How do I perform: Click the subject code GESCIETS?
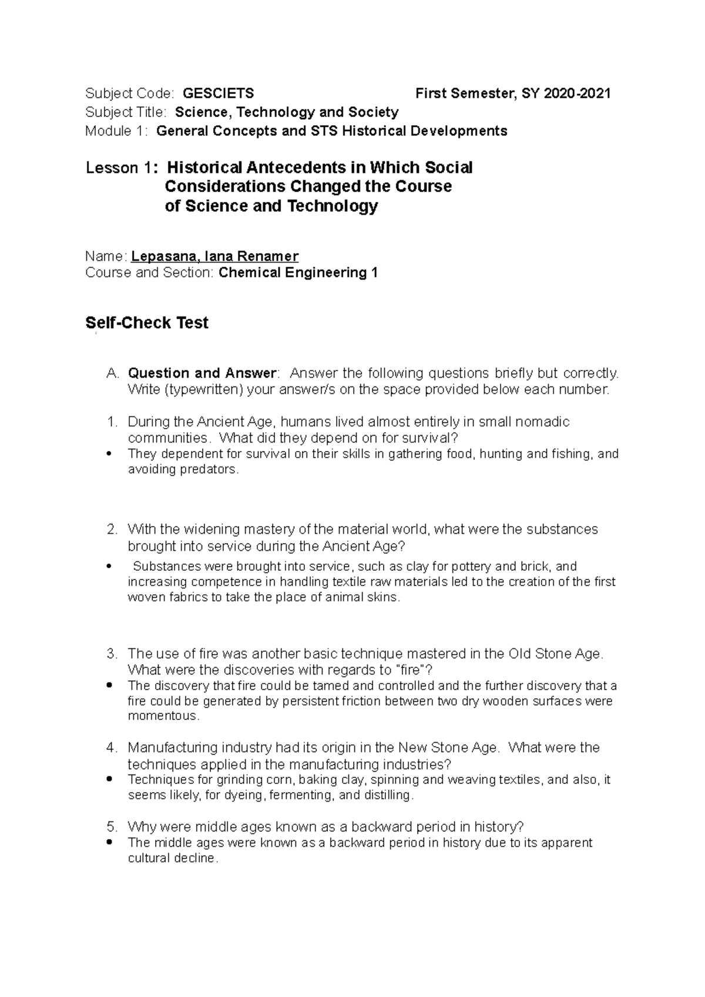[219, 93]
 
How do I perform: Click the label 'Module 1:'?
[117, 131]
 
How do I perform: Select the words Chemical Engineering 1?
[298, 272]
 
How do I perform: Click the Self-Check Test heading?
[147, 323]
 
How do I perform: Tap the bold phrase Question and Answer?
[202, 373]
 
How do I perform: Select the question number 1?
[112, 422]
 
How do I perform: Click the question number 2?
[112, 530]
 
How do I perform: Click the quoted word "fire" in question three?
[415, 670]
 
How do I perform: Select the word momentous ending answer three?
[163, 716]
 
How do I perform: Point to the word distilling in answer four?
[387, 796]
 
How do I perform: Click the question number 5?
[112, 827]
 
